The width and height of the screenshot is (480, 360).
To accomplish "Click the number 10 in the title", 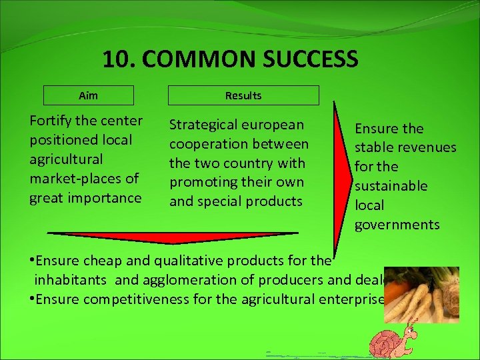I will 117,59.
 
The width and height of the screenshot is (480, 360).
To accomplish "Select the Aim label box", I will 88,95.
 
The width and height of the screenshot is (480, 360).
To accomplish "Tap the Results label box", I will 243,95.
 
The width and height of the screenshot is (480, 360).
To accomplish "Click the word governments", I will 397,225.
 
